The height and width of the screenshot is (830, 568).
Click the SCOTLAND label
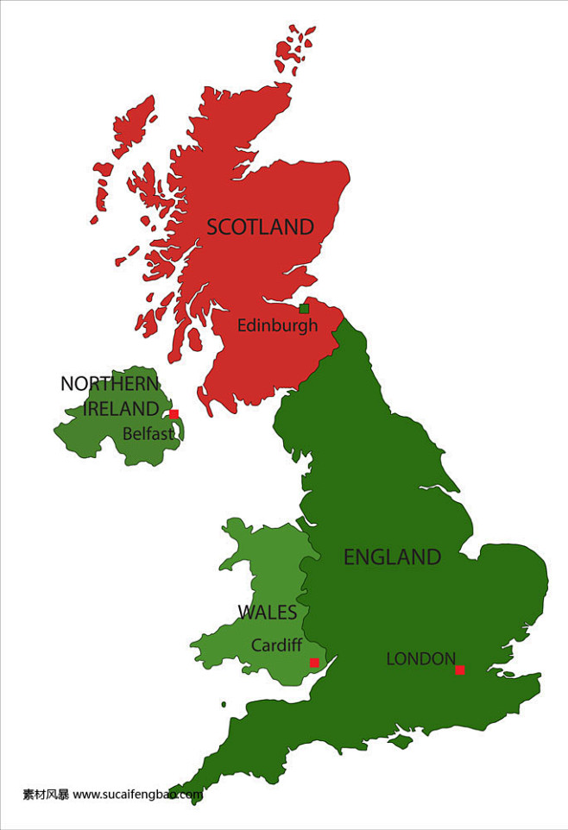pyautogui.click(x=260, y=227)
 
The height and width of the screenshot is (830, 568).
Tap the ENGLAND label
pyautogui.click(x=392, y=557)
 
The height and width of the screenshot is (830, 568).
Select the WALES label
pyautogui.click(x=267, y=613)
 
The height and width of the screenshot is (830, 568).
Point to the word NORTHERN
pyautogui.click(x=110, y=384)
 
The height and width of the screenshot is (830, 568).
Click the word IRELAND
pyautogui.click(x=121, y=409)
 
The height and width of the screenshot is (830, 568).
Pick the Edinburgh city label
pyautogui.click(x=277, y=326)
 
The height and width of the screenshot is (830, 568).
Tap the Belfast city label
pyautogui.click(x=148, y=434)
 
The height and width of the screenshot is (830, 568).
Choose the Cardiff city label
pyautogui.click(x=276, y=645)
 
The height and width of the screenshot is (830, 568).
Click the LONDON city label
pyautogui.click(x=420, y=659)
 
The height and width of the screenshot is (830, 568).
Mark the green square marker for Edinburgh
pyautogui.click(x=304, y=309)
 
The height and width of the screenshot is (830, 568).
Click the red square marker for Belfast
pyautogui.click(x=174, y=414)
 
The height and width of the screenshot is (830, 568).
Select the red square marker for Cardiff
pyautogui.click(x=314, y=663)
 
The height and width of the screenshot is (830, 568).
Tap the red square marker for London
pyautogui.click(x=460, y=670)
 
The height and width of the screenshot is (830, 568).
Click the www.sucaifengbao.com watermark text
pyautogui.click(x=137, y=795)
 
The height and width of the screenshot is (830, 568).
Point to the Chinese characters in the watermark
pyautogui.click(x=46, y=795)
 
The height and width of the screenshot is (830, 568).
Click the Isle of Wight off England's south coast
pyautogui.click(x=400, y=740)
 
